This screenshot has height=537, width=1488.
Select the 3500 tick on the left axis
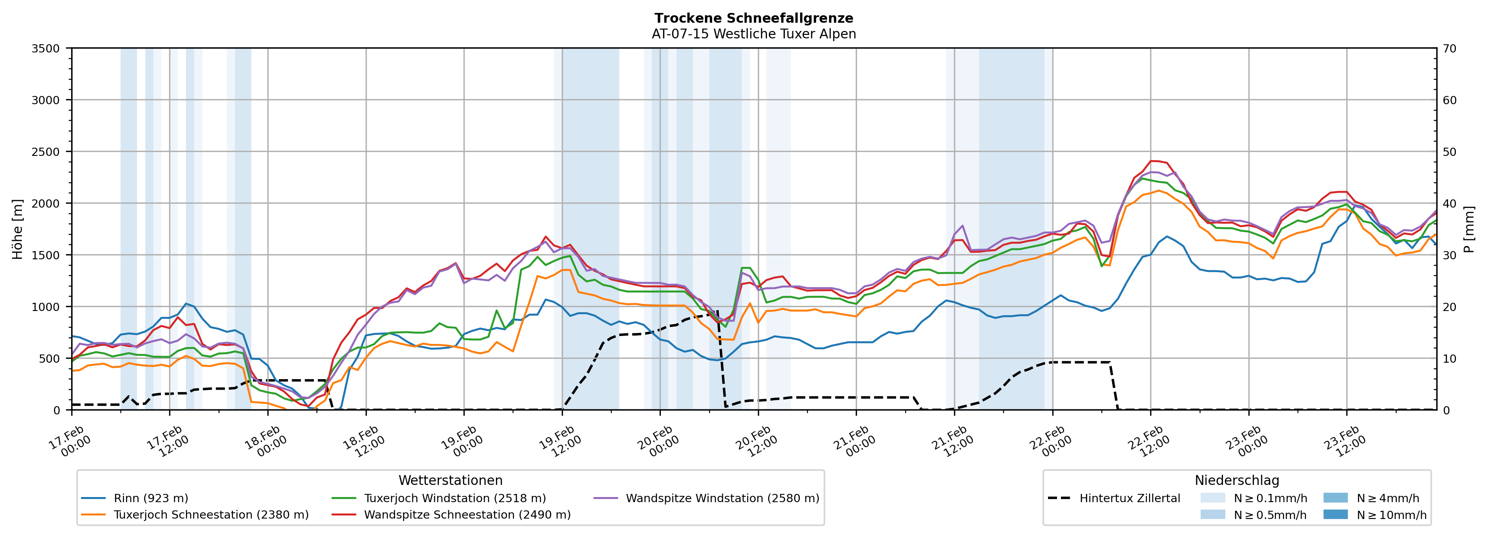tap(46, 49)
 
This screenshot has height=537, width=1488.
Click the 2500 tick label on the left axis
tap(46, 152)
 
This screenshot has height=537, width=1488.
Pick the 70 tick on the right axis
tap(1449, 49)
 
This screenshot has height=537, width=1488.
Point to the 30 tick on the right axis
tap(1449, 255)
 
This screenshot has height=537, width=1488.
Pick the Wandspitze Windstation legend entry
tap(722, 498)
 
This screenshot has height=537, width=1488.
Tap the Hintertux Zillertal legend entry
tap(1129, 498)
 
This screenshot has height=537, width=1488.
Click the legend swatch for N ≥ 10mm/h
tap(1335, 514)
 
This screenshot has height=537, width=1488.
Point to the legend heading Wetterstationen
tap(451, 480)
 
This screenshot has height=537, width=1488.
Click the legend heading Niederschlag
tap(1237, 480)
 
